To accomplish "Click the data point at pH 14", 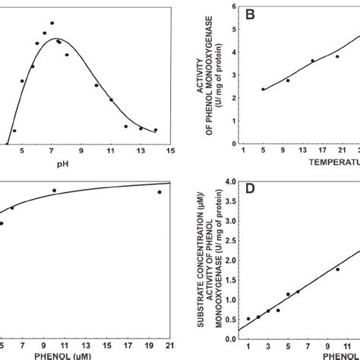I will click(x=156, y=130).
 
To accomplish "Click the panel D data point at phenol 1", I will click(x=248, y=319).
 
